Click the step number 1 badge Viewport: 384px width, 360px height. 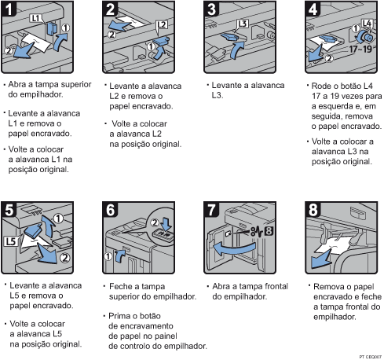(12, 11)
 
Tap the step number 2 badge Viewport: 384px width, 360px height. (112, 11)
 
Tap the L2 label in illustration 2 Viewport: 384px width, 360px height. (163, 25)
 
